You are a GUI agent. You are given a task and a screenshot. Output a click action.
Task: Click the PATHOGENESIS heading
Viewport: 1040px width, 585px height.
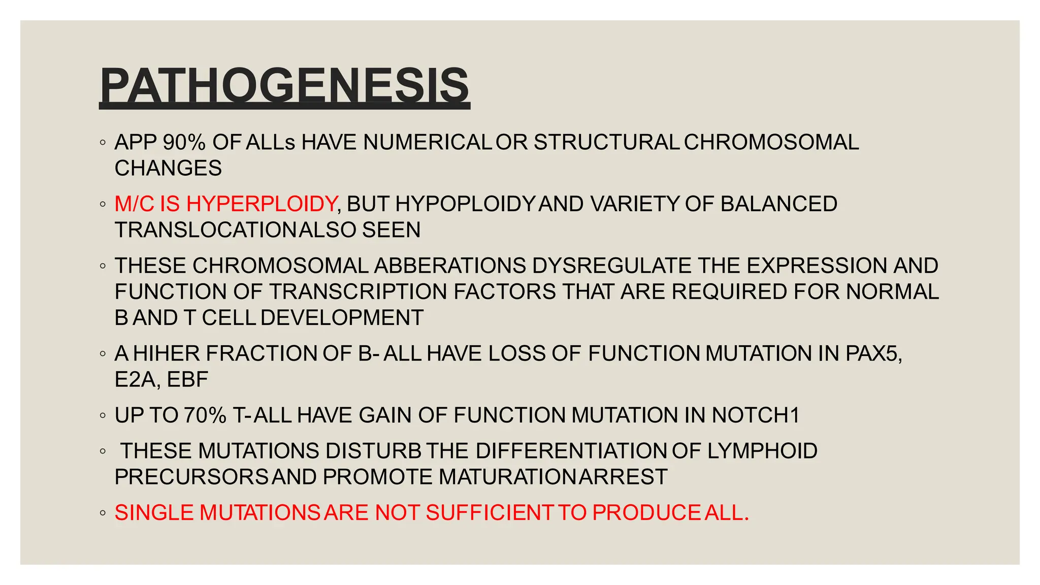pos(284,85)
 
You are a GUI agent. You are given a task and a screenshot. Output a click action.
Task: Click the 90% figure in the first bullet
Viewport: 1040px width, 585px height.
pos(184,143)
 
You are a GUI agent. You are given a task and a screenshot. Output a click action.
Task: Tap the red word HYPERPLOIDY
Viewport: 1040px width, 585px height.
pos(262,204)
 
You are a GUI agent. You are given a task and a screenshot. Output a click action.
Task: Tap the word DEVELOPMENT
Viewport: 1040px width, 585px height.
pos(342,318)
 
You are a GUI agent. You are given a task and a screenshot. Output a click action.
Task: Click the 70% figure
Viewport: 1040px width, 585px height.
pos(205,415)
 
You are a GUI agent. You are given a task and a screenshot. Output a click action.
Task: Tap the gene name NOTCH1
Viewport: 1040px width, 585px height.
pos(755,415)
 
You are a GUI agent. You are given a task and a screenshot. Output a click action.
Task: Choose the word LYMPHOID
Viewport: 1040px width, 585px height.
pos(762,451)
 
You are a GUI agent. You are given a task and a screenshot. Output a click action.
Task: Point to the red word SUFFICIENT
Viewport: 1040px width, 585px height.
pos(489,513)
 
